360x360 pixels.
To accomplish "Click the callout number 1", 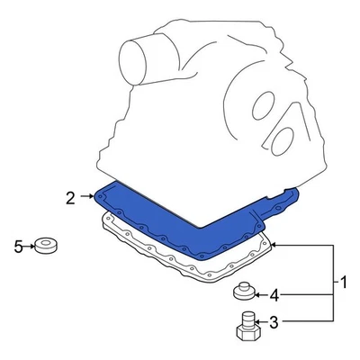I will [x=342, y=283].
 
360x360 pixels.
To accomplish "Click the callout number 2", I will [x=68, y=195].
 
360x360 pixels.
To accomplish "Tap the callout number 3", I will [x=274, y=320].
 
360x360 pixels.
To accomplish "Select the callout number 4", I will [x=275, y=293].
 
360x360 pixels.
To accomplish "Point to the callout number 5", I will [x=17, y=245].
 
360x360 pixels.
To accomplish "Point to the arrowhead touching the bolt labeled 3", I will [x=257, y=320].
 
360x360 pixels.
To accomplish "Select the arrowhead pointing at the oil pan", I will [x=274, y=245].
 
